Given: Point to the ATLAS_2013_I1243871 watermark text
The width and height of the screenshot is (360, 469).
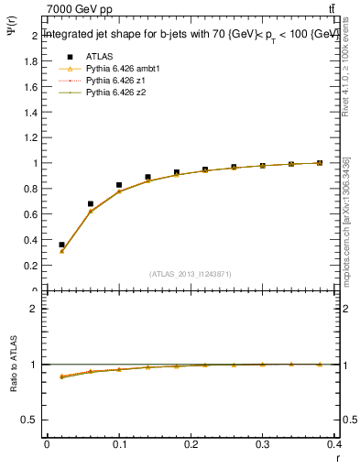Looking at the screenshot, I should pos(191,273).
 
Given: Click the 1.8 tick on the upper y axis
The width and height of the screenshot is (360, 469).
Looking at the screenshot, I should pos(30,61).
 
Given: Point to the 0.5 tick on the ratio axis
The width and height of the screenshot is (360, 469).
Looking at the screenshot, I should pos(30,420).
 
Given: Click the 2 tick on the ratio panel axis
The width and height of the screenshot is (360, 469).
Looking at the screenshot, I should pos(33,309).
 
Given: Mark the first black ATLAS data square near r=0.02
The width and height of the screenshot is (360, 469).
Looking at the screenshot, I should pos(61,245).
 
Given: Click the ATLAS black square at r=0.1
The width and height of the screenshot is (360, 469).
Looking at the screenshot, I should pos(119,185).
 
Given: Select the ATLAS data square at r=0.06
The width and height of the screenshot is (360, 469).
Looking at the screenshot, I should pos(90,203).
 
